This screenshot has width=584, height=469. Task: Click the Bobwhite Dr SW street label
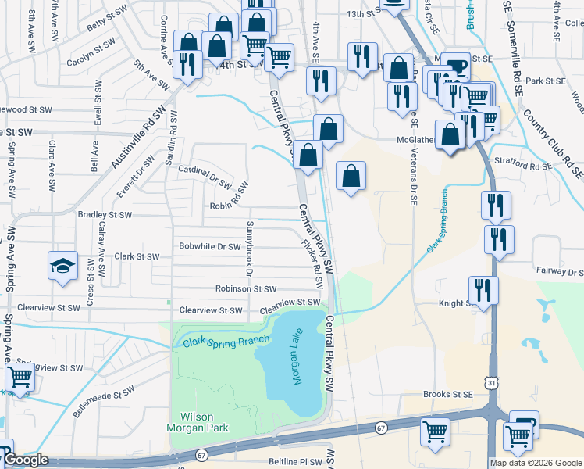point(210,246)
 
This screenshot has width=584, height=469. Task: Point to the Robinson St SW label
point(246,288)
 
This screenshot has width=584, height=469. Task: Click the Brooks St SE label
point(448,395)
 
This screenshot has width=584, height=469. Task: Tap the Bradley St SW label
point(105,214)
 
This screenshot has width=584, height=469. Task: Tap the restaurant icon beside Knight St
point(484,290)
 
